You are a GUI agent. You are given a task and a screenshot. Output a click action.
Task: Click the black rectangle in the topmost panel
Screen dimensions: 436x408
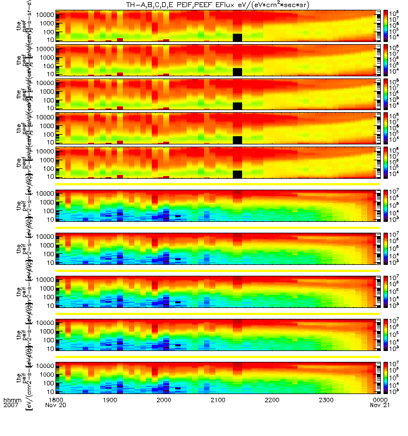click(237, 37)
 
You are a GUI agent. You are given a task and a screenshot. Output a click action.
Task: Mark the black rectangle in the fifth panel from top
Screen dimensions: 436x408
click(237, 174)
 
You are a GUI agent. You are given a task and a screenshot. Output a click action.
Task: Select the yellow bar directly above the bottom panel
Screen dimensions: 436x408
click(218, 357)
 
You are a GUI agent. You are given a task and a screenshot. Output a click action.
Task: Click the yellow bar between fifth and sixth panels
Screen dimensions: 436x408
click(218, 184)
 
